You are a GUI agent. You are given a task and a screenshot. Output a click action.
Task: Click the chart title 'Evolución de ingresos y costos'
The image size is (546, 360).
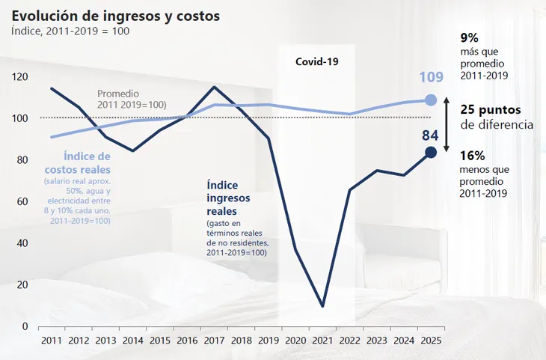[x=115, y=16]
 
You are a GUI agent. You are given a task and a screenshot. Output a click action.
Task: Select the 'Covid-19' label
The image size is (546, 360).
[x=316, y=62]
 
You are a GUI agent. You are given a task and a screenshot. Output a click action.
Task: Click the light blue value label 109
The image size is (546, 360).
[x=431, y=77]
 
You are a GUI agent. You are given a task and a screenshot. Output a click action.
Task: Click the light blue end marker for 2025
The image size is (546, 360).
[x=431, y=100]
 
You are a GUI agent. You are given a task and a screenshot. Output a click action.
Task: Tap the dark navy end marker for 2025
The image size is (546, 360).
[x=431, y=153]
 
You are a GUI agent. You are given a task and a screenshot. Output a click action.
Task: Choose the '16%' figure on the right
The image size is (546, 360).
[x=473, y=156]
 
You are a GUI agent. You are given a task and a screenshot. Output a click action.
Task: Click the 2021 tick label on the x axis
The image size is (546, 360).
[x=322, y=341]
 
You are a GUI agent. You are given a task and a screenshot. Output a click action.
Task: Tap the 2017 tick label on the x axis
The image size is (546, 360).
[x=215, y=341]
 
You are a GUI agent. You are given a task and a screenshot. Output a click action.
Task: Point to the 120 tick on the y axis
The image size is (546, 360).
[x=19, y=77]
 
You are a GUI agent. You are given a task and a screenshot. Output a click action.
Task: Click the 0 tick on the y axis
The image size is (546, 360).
[x=24, y=327]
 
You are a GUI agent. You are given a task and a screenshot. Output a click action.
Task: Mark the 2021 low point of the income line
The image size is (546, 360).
[x=322, y=306]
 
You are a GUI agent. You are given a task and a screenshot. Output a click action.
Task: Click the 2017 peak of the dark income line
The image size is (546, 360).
[x=215, y=87]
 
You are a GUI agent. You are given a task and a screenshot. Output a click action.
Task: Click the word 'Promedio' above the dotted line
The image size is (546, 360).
[x=117, y=94]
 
